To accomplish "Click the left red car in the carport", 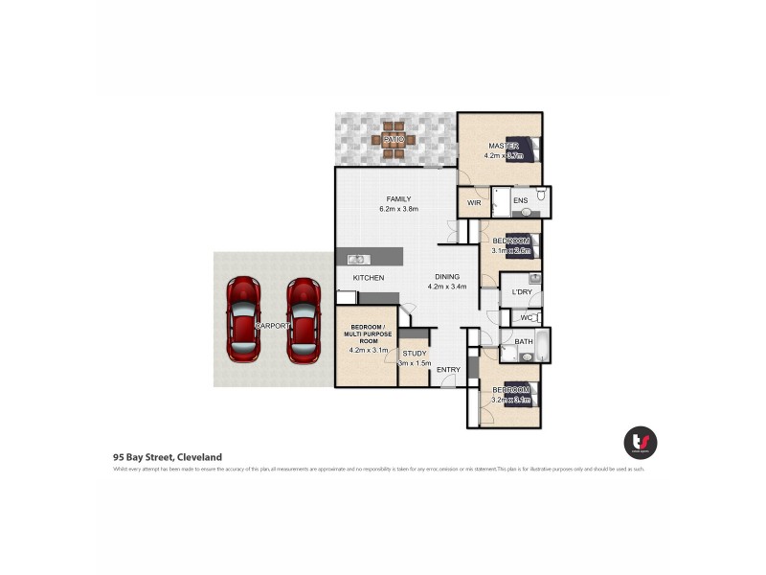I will [x=243, y=319].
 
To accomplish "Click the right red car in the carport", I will [x=304, y=319].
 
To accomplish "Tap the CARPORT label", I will [x=273, y=327].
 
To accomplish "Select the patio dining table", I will [x=394, y=140].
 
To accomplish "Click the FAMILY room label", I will [x=398, y=199].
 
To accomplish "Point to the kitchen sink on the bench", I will [x=356, y=259].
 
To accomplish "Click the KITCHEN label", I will [x=369, y=278].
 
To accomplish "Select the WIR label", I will [x=474, y=203].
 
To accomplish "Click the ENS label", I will [x=520, y=200].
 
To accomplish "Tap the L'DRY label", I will [x=522, y=291].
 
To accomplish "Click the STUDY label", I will [x=414, y=353].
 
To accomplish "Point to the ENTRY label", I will [x=448, y=370].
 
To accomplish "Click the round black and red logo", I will [x=641, y=442].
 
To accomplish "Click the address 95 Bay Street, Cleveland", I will [x=168, y=457].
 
